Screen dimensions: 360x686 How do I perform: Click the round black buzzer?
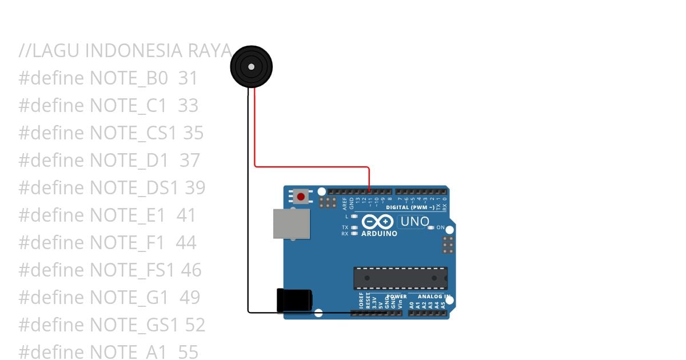coord(251,67)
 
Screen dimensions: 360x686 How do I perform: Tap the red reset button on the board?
coord(301,197)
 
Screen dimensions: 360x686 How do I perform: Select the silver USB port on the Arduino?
coord(291,223)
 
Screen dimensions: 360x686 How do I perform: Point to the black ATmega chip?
coord(400,278)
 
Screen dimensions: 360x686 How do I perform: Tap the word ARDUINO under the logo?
coord(379,234)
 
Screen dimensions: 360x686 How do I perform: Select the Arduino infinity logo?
coord(377,222)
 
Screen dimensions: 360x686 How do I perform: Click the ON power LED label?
coord(440,227)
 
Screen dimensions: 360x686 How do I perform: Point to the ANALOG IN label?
coord(434,297)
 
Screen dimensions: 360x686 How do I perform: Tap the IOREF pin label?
coord(361,302)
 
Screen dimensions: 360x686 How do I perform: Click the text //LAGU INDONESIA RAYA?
coord(125,50)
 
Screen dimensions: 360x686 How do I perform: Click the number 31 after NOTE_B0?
coord(188,78)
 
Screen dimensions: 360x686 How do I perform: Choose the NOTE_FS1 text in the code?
coord(131,270)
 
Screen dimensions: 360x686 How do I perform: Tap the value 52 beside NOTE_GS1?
coord(195,325)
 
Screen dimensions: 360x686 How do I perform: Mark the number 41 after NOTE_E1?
coord(186,215)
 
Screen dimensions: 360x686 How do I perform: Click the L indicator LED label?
coord(346,217)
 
